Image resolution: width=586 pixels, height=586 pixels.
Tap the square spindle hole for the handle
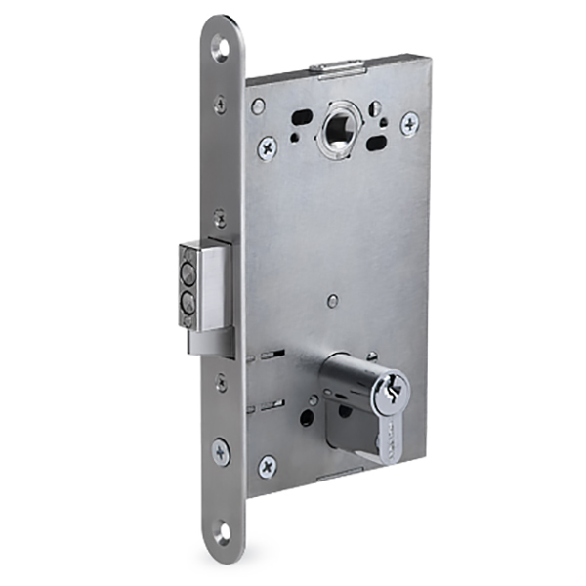tap(340, 126)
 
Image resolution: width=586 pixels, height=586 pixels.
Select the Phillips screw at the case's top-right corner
tap(409, 122)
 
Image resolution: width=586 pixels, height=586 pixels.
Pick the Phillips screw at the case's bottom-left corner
tap(267, 466)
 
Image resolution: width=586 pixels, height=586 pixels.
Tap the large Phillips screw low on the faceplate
tap(222, 452)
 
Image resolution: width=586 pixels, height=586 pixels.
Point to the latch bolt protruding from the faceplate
tap(201, 285)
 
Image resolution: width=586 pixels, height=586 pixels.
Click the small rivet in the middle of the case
tap(333, 302)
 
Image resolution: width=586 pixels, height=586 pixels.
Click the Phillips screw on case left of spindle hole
tap(267, 147)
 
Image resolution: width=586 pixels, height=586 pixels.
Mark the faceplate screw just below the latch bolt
tap(221, 382)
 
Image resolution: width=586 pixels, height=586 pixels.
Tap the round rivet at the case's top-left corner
tap(258, 105)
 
